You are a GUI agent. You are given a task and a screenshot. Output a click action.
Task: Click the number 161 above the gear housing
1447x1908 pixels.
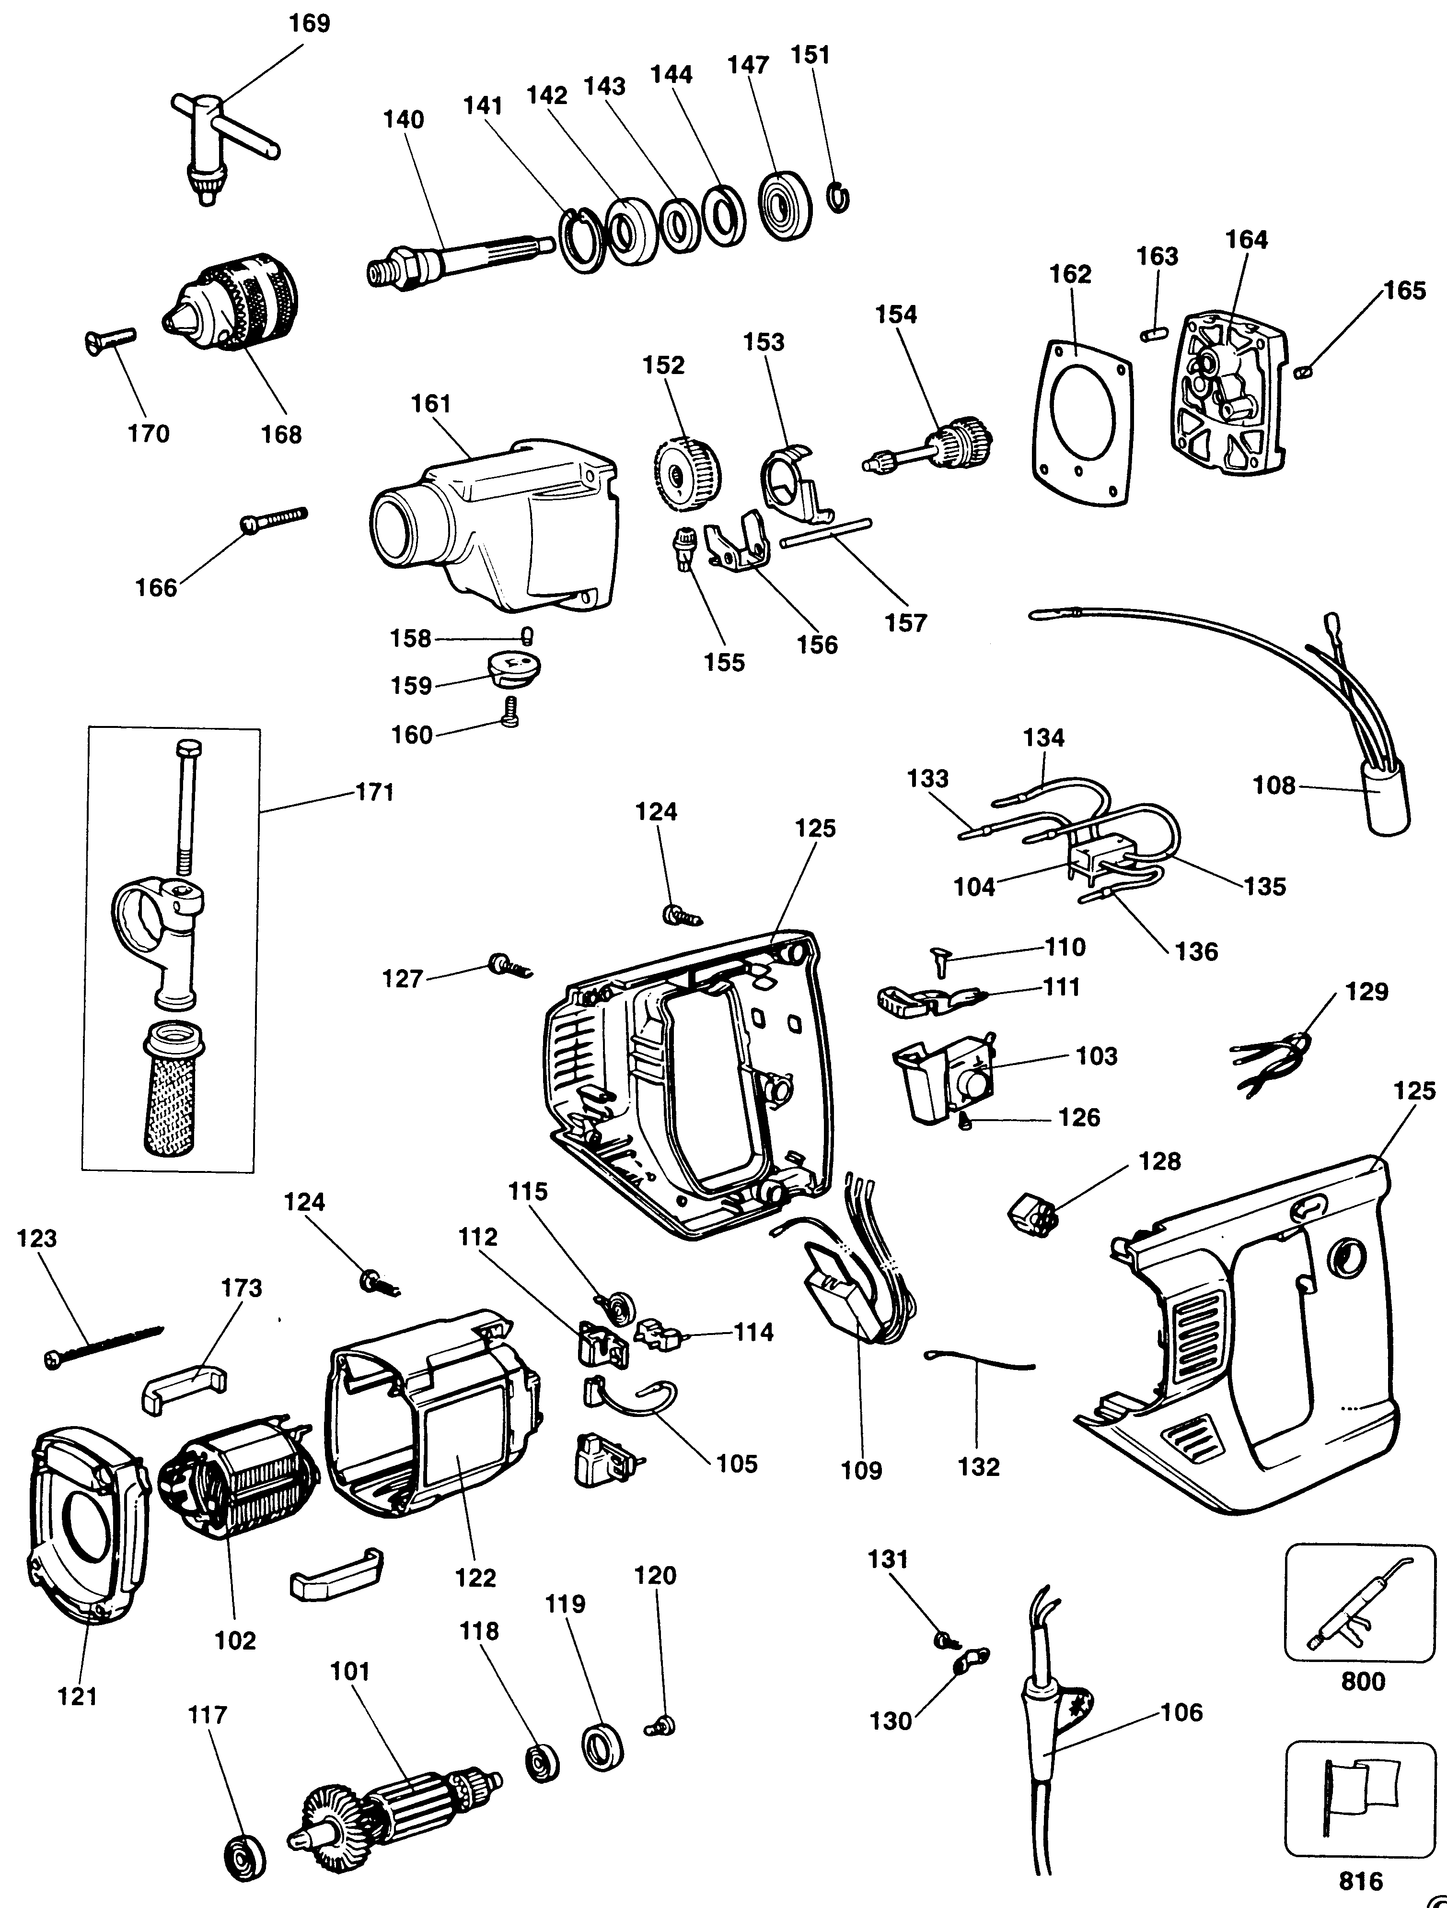pyautogui.click(x=431, y=404)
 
